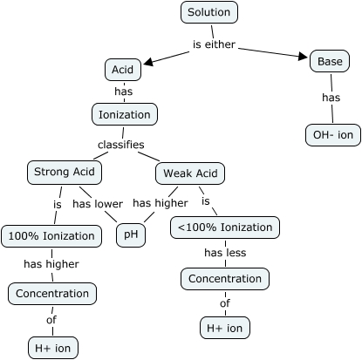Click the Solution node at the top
[209, 13]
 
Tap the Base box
[330, 61]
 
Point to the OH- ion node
[332, 134]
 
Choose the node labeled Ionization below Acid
[124, 114]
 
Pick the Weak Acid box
[189, 173]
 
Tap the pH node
[131, 235]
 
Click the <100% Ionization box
[225, 228]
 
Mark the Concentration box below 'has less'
[225, 279]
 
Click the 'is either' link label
[214, 44]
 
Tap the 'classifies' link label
[120, 145]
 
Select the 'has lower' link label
[97, 204]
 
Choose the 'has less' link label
[225, 253]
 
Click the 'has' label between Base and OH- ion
[331, 98]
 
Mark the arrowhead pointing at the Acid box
[147, 63]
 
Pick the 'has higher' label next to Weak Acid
[161, 203]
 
